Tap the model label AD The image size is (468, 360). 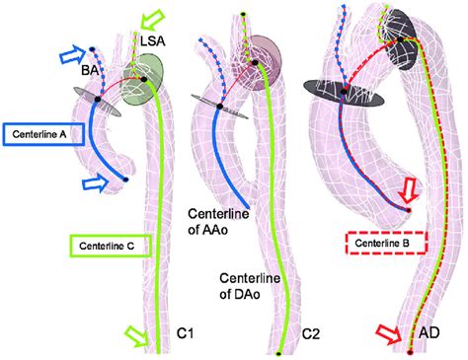coord(429,335)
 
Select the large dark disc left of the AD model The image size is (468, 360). coord(339,95)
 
